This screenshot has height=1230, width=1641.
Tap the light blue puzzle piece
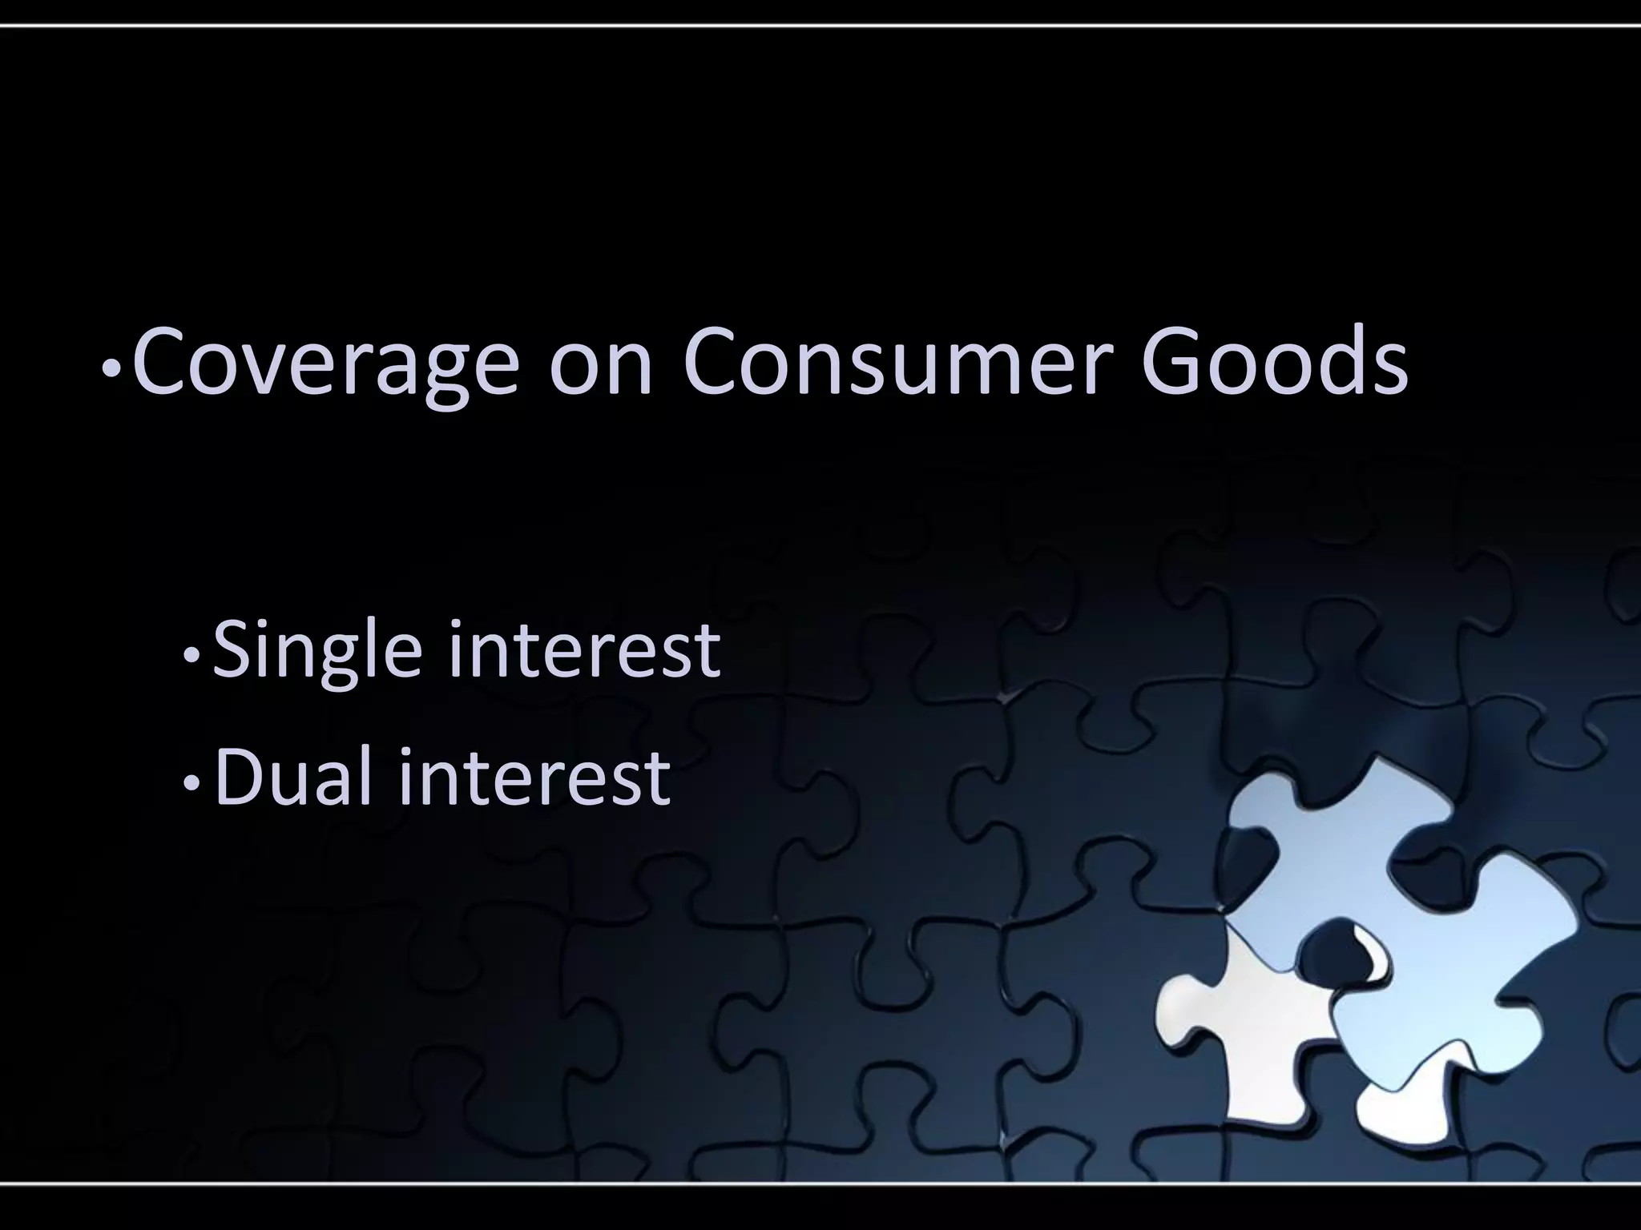pyautogui.click(x=1410, y=945)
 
